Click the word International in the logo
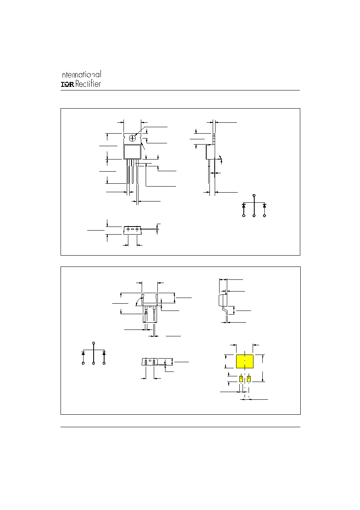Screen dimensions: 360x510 pyautogui.click(x=82, y=74)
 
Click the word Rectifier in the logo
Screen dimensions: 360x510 pyautogui.click(x=88, y=84)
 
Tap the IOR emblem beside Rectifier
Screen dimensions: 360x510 pyautogui.click(x=67, y=84)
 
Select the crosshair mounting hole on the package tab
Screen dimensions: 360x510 pyautogui.click(x=132, y=138)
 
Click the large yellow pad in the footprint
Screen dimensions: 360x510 pyautogui.click(x=245, y=361)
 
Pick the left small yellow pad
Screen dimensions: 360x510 pyautogui.click(x=241, y=379)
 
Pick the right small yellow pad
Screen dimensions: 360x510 pyautogui.click(x=249, y=379)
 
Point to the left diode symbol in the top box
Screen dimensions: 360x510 pyautogui.click(x=244, y=206)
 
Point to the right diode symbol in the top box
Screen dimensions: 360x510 pyautogui.click(x=264, y=206)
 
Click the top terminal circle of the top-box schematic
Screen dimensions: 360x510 pyautogui.click(x=254, y=195)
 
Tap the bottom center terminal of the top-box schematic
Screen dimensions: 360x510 pyautogui.click(x=254, y=216)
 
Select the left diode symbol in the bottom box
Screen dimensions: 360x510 pyautogui.click(x=83, y=354)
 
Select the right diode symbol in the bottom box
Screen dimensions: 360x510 pyautogui.click(x=104, y=354)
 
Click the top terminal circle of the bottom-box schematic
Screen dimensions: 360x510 pyautogui.click(x=94, y=343)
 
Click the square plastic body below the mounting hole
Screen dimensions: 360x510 pyautogui.click(x=132, y=152)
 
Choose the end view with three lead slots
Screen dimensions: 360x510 pyautogui.click(x=132, y=230)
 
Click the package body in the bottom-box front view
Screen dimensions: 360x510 pyautogui.click(x=150, y=299)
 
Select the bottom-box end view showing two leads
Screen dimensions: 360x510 pyautogui.click(x=150, y=362)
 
